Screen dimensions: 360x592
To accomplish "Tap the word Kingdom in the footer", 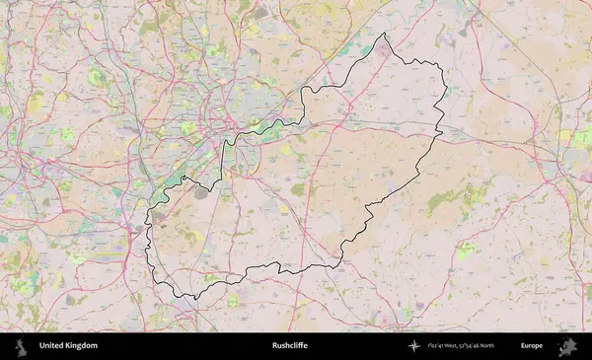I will [82, 346].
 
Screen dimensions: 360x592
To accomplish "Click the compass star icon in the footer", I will [414, 346].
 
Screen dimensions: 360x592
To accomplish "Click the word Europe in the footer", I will [532, 346].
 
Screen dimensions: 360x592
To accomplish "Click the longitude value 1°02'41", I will [439, 346].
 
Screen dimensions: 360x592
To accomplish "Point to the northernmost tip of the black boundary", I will [386, 35].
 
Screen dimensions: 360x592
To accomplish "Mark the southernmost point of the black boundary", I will [195, 299].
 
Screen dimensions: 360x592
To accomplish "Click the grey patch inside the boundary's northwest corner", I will [202, 193].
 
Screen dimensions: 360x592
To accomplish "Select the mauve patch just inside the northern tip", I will [383, 46].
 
